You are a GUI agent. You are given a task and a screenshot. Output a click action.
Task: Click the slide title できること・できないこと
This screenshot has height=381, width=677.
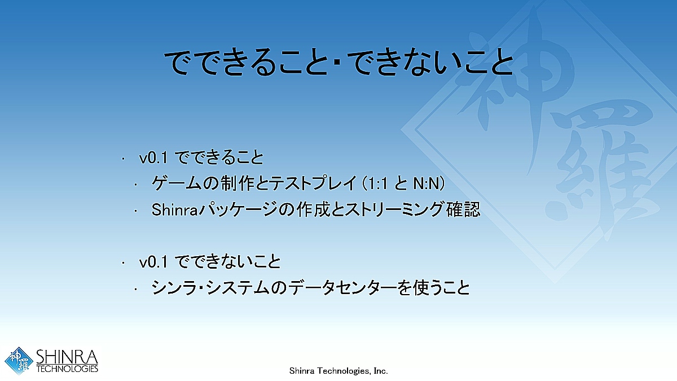338,63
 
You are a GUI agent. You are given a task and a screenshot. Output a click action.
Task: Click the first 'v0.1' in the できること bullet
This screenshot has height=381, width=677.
153,158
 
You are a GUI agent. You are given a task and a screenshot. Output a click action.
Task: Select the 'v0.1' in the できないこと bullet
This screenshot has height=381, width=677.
153,262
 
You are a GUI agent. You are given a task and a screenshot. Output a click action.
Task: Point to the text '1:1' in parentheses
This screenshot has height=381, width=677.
376,183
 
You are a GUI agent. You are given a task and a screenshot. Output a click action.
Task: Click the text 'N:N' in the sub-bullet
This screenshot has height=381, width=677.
426,183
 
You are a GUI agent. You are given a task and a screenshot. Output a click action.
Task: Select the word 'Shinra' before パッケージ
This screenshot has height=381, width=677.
174,209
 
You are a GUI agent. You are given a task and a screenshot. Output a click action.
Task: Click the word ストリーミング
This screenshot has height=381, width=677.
394,209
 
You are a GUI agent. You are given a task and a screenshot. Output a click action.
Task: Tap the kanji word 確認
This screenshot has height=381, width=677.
463,209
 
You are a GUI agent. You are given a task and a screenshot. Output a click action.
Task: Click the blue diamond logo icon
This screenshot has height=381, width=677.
19,361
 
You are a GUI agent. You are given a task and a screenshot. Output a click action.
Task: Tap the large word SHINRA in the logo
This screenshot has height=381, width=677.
67,357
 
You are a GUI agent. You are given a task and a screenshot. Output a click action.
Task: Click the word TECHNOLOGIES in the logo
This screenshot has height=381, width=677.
67,369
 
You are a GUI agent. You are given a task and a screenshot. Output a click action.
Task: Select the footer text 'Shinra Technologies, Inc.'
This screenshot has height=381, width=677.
338,371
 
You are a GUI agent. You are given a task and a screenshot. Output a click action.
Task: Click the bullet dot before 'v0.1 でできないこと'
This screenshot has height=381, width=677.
123,263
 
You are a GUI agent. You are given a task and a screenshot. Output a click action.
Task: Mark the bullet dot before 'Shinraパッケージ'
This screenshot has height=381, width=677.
136,211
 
